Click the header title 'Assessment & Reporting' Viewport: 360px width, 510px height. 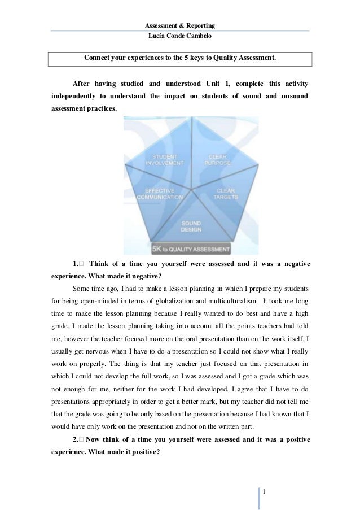coord(180,26)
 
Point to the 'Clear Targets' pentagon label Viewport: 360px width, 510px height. coord(226,194)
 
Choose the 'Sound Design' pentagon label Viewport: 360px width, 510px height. coord(191,226)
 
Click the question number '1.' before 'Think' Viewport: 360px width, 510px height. coord(76,264)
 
